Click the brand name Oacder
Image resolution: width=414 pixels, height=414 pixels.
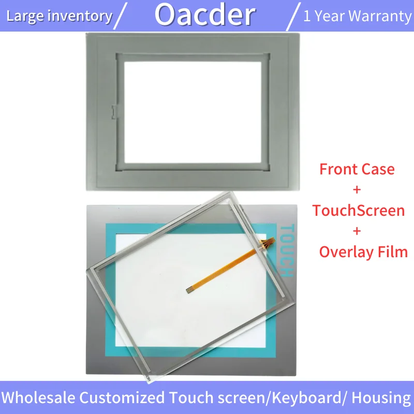click(x=205, y=15)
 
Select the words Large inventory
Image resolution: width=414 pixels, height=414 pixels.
click(x=60, y=17)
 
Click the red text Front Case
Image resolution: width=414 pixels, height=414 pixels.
click(x=357, y=169)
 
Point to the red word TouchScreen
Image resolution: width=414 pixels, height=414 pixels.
click(x=358, y=211)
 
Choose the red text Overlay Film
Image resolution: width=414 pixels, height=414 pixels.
click(x=363, y=252)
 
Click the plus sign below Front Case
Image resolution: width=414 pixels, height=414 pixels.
click(x=357, y=189)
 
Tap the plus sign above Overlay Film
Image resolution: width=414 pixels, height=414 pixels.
click(x=357, y=231)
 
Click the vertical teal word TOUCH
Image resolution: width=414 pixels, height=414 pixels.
click(x=287, y=250)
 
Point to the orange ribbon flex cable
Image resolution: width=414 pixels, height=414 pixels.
click(x=230, y=266)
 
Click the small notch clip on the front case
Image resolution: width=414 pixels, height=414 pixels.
click(x=114, y=112)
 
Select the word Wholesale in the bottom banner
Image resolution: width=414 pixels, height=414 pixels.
click(x=38, y=397)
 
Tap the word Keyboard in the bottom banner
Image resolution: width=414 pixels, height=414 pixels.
click(x=306, y=397)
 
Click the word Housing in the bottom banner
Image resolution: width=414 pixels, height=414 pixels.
click(x=381, y=398)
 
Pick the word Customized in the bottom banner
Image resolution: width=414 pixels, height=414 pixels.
click(x=122, y=397)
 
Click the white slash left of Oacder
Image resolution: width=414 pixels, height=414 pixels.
click(x=120, y=16)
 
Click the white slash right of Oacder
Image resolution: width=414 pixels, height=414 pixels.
click(x=293, y=17)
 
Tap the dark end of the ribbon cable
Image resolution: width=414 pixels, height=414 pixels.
click(x=189, y=291)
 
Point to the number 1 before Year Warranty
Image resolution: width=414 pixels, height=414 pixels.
click(x=307, y=16)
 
